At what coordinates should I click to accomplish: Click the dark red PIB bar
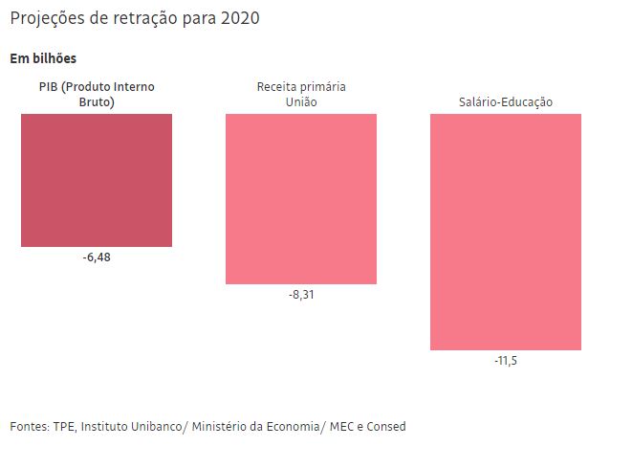click(97, 180)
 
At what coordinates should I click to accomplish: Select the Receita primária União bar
click(301, 199)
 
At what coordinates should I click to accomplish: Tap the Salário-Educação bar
click(506, 232)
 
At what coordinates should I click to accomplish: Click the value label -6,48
click(97, 258)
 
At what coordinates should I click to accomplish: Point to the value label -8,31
click(301, 296)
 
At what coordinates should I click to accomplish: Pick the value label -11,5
click(506, 361)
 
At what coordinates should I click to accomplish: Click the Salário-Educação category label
click(506, 102)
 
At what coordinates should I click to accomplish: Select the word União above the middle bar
click(301, 101)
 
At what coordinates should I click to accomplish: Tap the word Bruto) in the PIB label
click(97, 101)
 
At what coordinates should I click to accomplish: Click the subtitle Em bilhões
click(43, 59)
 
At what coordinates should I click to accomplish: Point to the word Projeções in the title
click(47, 19)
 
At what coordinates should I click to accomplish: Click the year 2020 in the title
click(239, 19)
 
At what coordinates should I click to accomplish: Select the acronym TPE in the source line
click(65, 426)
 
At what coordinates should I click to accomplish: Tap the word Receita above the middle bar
click(278, 87)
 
